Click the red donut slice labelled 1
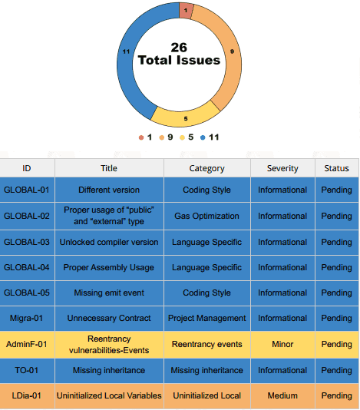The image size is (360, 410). click(x=186, y=11)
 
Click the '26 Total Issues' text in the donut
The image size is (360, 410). click(x=179, y=54)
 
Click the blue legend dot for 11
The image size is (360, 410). click(x=203, y=137)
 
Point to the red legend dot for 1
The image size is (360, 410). click(x=141, y=137)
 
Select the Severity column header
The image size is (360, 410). click(x=282, y=168)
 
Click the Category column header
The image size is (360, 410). click(x=206, y=168)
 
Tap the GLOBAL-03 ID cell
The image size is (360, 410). click(x=27, y=242)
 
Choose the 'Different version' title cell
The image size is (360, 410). click(x=109, y=190)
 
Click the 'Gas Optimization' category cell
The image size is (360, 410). click(x=206, y=216)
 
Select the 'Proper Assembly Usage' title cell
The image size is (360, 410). click(x=109, y=267)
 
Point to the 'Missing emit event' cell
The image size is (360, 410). click(x=109, y=293)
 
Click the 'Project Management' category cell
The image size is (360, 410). click(x=206, y=318)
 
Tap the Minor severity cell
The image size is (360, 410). click(x=282, y=344)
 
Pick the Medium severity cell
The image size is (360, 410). click(x=282, y=395)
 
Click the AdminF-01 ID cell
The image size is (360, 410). click(x=27, y=344)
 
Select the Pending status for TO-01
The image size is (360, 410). click(x=337, y=371)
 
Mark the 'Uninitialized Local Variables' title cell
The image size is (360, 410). click(x=109, y=395)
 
